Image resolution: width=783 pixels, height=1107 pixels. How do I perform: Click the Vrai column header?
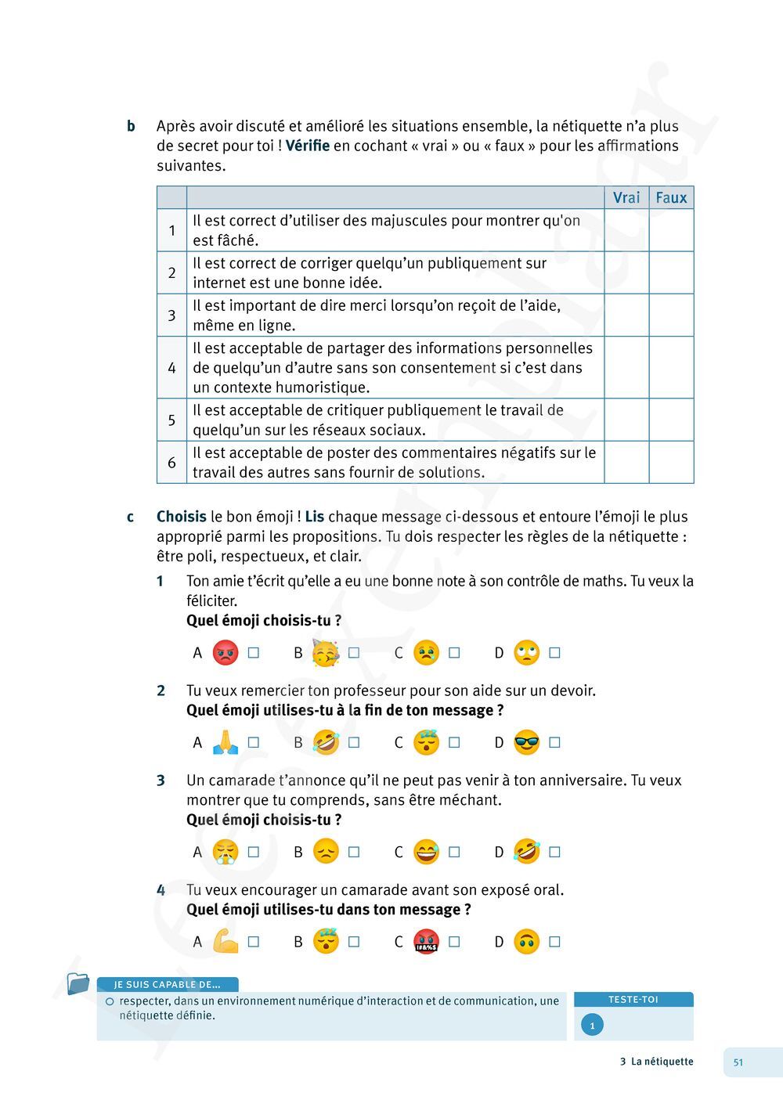(x=626, y=197)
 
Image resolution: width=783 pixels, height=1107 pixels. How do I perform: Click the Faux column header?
(x=671, y=197)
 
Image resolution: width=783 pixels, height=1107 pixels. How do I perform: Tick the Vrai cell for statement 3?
(x=626, y=316)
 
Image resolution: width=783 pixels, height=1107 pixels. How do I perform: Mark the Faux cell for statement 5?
(x=671, y=420)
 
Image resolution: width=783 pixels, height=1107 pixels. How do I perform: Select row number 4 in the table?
(x=171, y=368)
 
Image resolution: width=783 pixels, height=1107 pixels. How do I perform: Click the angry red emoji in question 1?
(x=226, y=653)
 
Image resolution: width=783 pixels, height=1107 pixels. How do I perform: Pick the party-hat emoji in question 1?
(x=326, y=653)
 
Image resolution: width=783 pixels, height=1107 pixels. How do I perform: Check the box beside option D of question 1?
(x=554, y=653)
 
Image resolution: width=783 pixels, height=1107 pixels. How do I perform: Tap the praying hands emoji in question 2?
(x=226, y=742)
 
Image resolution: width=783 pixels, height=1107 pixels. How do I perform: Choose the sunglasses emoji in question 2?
(x=527, y=742)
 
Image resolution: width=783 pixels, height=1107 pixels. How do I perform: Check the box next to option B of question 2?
(x=354, y=742)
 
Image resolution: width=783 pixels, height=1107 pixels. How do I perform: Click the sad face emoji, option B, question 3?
(x=326, y=852)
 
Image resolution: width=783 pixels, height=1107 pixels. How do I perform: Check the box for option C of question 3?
(x=454, y=852)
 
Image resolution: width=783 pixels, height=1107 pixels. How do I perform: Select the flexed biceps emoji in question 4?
(x=226, y=941)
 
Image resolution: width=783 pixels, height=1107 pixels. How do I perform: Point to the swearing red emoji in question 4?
(x=426, y=941)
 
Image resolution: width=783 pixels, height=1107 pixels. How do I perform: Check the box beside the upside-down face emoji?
(x=554, y=942)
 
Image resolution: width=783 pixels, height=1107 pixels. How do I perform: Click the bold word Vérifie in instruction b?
(x=308, y=146)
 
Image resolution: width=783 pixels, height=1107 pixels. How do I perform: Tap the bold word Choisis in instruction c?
(x=181, y=517)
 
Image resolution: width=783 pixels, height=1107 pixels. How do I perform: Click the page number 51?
(x=738, y=1062)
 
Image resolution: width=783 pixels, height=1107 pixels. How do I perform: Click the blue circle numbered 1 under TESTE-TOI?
(x=592, y=1026)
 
